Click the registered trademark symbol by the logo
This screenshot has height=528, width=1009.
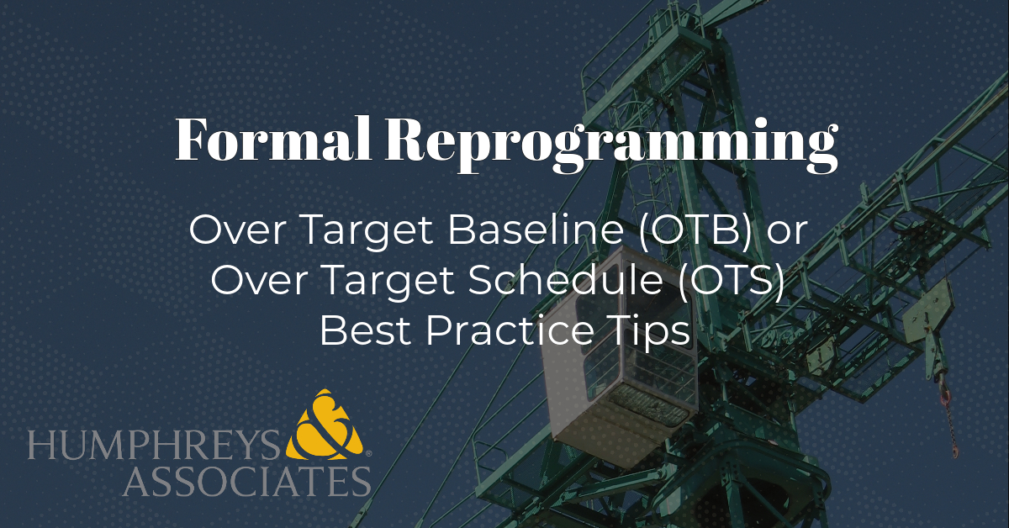coord(368,454)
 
